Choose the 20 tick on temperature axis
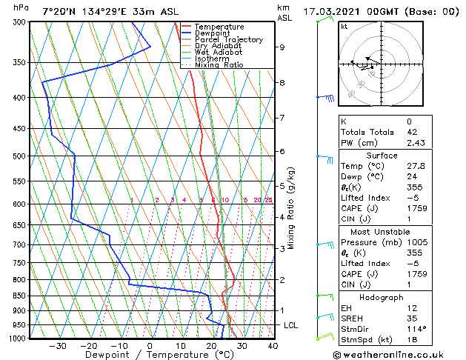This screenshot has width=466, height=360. (x=211, y=345)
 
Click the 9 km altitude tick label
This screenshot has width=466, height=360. (x=282, y=47)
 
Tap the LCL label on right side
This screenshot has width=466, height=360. (x=292, y=325)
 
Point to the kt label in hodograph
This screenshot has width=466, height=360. (x=344, y=27)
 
